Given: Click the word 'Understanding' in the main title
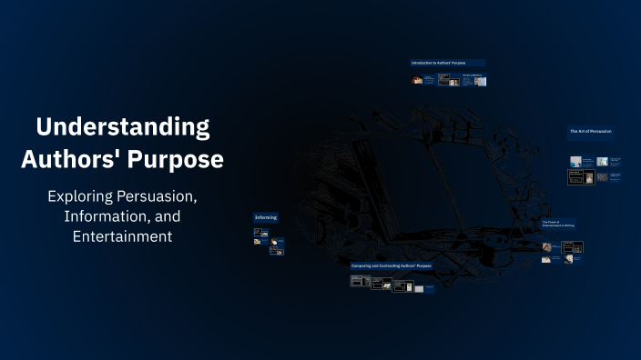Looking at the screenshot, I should point(123,125).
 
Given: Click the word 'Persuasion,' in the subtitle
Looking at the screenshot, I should point(159,195).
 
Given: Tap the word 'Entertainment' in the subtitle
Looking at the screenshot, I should point(123,236).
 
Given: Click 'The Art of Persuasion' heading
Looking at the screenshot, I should point(591,132).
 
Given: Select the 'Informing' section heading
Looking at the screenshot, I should point(266,217).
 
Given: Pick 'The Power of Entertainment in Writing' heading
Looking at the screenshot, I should point(558,224).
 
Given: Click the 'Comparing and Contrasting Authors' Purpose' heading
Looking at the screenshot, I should point(392,265).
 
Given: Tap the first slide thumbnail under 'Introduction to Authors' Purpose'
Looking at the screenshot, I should point(417,80).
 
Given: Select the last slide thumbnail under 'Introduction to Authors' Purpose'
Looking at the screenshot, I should point(480,81).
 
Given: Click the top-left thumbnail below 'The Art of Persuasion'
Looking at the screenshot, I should point(575,161).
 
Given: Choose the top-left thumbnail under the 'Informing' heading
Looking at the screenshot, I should point(259,233).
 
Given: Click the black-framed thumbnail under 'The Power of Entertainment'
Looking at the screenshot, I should point(573,246).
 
